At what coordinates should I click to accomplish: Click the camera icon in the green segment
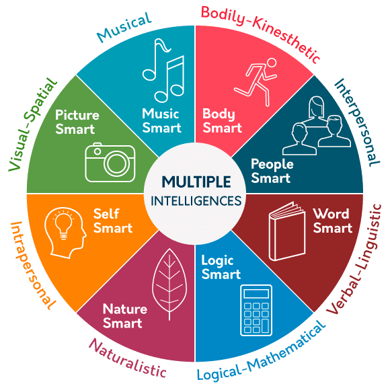click(110, 162)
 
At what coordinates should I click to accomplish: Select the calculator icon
click(256, 310)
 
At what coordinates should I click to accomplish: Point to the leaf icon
click(169, 284)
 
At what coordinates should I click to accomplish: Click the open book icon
click(287, 231)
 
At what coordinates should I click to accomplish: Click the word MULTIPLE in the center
click(196, 182)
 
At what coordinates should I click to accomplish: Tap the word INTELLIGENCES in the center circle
click(196, 201)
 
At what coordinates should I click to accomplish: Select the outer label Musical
click(124, 28)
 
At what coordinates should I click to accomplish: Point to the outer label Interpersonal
click(357, 122)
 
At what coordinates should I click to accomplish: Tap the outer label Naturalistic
click(127, 358)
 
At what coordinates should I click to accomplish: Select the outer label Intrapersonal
click(32, 266)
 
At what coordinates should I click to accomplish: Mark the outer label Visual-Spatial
click(32, 124)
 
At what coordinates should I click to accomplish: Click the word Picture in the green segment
click(77, 115)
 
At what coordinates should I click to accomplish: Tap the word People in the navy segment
click(272, 165)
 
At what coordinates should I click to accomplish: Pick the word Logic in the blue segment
click(217, 261)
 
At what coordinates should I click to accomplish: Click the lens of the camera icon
click(116, 163)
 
